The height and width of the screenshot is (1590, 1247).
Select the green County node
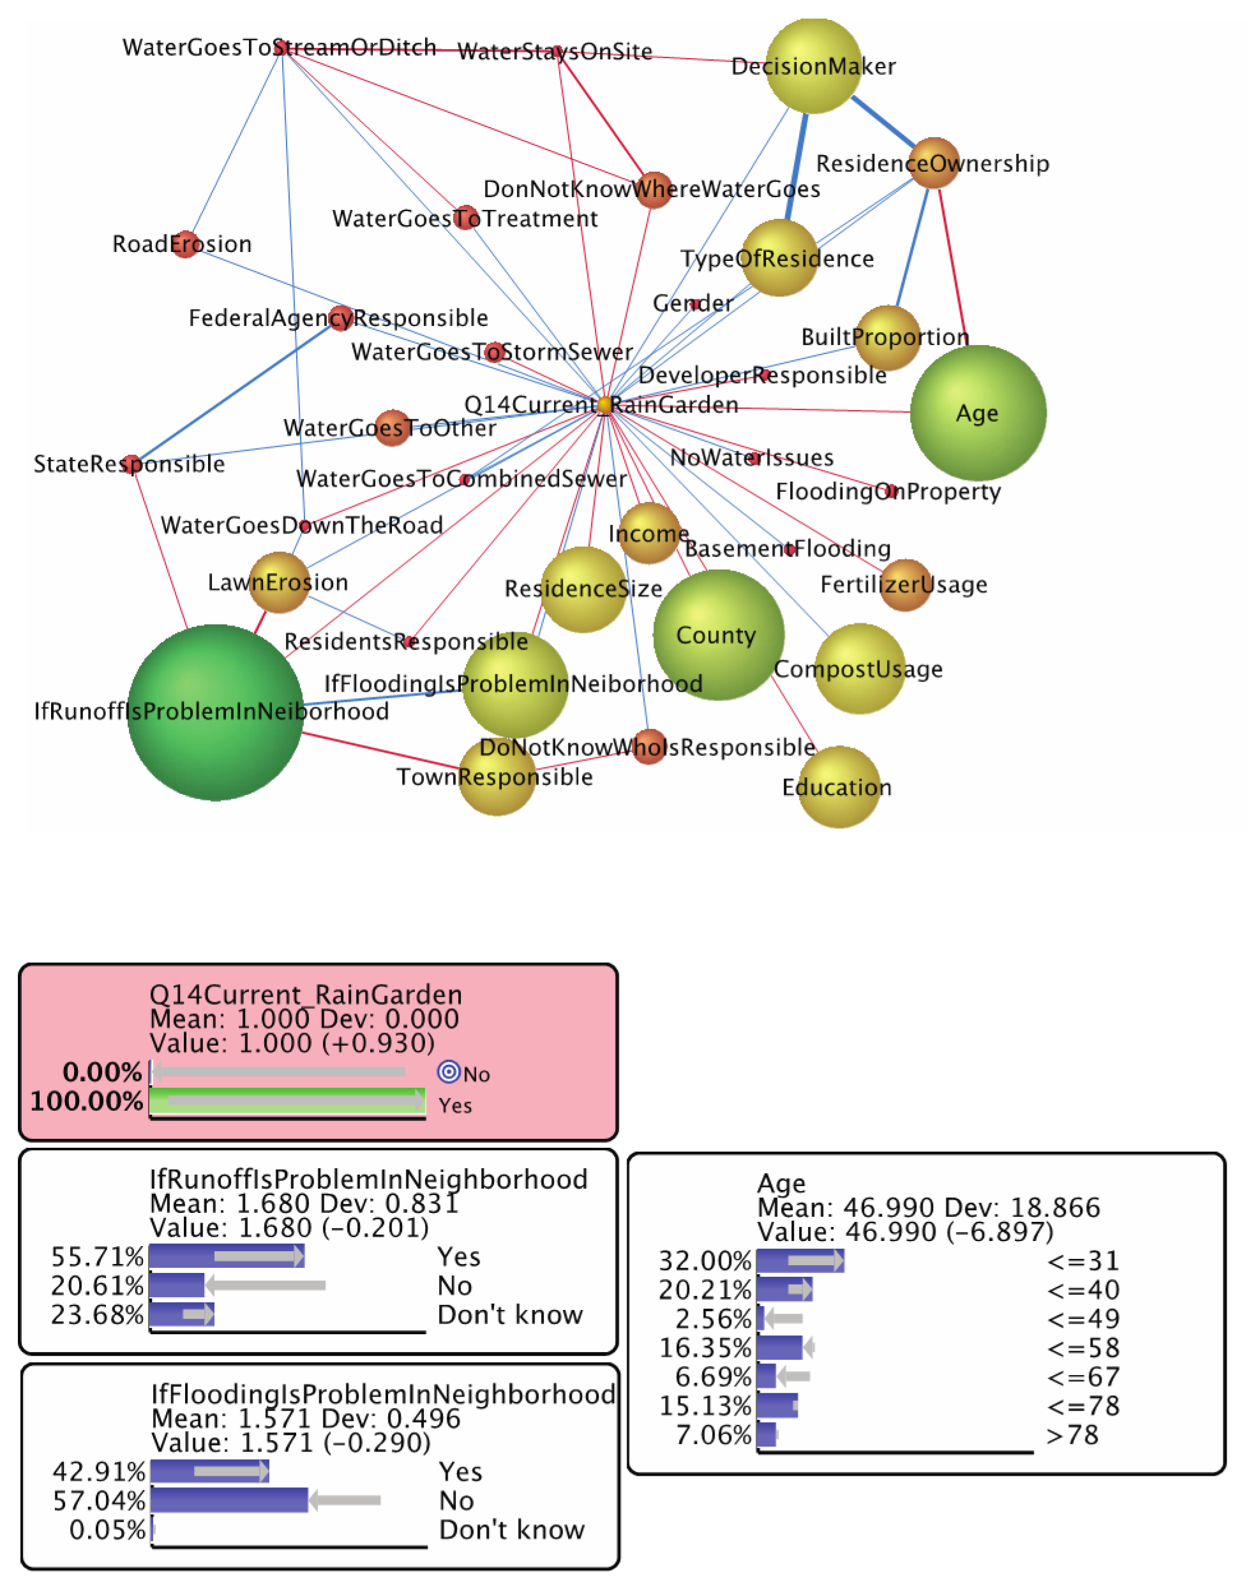(x=719, y=634)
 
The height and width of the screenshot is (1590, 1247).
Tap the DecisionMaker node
(x=813, y=66)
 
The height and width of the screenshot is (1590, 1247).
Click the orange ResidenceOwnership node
(x=934, y=163)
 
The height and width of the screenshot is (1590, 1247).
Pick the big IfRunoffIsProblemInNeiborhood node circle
(x=214, y=712)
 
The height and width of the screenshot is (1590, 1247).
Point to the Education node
(x=838, y=787)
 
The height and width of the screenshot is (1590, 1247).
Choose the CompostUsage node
(x=860, y=668)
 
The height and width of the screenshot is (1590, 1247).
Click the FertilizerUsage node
(x=906, y=584)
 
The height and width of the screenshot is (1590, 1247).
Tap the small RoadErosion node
(x=184, y=244)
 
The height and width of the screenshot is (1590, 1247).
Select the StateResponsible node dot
(x=131, y=464)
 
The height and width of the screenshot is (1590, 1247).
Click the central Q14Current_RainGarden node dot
(x=604, y=405)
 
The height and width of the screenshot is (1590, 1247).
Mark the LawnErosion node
(x=279, y=582)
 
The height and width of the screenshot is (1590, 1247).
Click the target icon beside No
(x=448, y=1073)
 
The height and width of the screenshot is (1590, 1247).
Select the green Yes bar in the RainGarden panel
(x=287, y=1101)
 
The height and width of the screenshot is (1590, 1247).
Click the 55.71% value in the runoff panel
(x=97, y=1256)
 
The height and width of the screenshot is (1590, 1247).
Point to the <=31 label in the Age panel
(x=1083, y=1261)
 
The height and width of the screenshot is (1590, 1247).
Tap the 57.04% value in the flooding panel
(x=100, y=1501)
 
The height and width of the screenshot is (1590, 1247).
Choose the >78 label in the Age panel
(x=1073, y=1435)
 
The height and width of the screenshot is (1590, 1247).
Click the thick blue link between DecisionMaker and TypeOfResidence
(x=796, y=167)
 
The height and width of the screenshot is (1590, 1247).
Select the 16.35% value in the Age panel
(x=705, y=1348)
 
